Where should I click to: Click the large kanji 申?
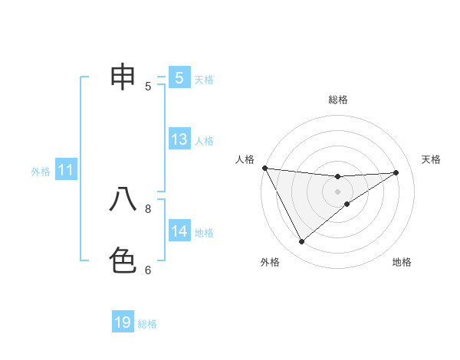pos(123,77)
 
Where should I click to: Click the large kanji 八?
pos(123,199)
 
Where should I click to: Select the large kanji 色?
pos(123,260)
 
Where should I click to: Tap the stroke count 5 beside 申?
pos(148,87)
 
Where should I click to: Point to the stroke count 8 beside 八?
pos(148,208)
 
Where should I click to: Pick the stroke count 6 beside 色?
pos(148,270)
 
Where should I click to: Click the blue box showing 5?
pos(179,78)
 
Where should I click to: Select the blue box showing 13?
pos(179,139)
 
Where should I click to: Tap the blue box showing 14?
pos(179,231)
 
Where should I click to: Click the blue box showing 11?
pos(66,171)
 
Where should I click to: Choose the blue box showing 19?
pos(123,322)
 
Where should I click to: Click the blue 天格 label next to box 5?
pos(204,80)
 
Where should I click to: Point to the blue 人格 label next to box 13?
pos(204,141)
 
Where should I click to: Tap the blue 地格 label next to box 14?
pos(204,233)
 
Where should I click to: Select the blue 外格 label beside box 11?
pos(41,172)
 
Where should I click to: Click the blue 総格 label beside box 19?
pos(147,324)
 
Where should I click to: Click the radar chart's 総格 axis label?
pos(337,100)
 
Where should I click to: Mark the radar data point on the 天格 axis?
pos(396,172)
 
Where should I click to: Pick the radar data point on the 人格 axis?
pos(264,168)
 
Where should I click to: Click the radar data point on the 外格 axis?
pos(301,242)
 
